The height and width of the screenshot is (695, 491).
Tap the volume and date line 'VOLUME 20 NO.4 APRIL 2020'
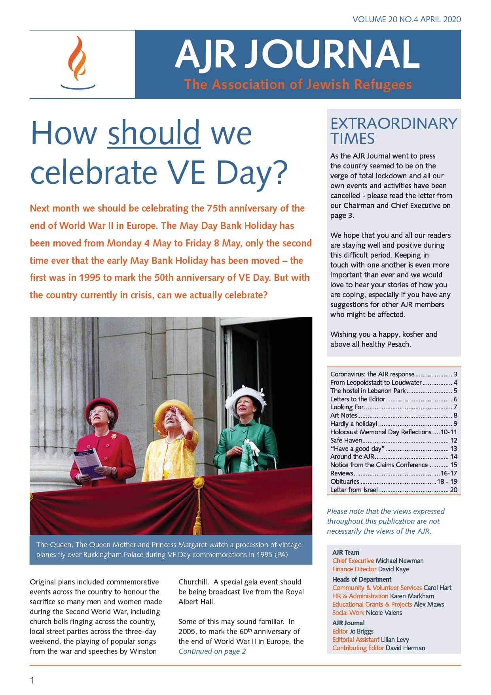[x=407, y=19]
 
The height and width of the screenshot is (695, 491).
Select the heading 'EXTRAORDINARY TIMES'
[x=393, y=131]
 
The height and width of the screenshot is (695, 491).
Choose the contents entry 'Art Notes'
[x=344, y=415]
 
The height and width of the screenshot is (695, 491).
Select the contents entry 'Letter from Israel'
[x=354, y=490]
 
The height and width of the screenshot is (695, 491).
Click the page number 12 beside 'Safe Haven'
[x=453, y=440]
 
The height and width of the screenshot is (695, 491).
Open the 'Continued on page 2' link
[x=212, y=651]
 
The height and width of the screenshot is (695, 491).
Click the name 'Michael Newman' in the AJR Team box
[x=399, y=561]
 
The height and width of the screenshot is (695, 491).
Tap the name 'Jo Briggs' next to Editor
[x=362, y=631]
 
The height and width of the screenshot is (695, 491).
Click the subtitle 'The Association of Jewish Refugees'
[x=298, y=84]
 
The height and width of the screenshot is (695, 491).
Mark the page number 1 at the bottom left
[x=32, y=681]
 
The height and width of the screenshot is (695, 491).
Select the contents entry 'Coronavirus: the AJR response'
[x=372, y=374]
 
